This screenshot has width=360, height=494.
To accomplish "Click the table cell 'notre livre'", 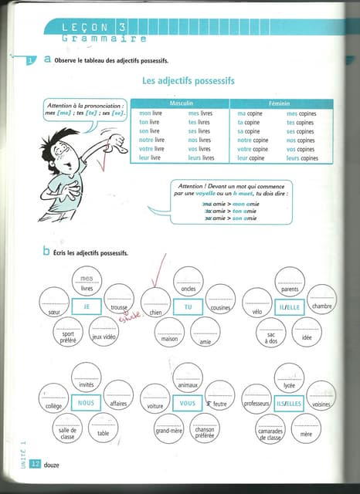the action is [x=151, y=140].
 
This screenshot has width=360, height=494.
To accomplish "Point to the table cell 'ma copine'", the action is [x=249, y=113].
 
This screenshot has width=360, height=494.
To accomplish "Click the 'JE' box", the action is [x=87, y=306].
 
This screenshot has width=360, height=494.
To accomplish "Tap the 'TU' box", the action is [x=187, y=306].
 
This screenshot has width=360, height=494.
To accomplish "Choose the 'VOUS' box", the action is [x=185, y=402].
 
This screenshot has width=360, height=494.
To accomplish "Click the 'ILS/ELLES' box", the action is [x=289, y=402].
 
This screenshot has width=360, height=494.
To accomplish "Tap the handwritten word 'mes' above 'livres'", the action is [x=87, y=279].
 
